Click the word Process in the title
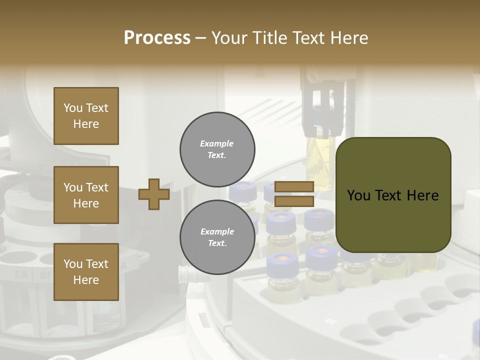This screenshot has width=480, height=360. (157, 38)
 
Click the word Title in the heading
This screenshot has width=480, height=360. (269, 38)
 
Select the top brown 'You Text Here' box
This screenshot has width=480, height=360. (86, 116)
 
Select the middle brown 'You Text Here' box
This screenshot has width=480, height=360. (86, 195)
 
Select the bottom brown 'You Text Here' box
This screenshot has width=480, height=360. (86, 272)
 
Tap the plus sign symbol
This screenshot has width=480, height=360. (154, 194)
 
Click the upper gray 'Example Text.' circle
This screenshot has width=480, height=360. (217, 149)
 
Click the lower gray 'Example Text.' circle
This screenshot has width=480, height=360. (217, 237)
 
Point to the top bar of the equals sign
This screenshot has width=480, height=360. (294, 187)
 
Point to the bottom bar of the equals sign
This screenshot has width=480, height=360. (294, 201)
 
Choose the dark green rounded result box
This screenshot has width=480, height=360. (393, 195)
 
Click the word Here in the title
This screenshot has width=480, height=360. (348, 38)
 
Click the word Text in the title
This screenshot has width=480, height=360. (308, 38)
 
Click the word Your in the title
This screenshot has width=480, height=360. (229, 38)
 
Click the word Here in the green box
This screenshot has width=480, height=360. (423, 195)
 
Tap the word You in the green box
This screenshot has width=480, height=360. (358, 195)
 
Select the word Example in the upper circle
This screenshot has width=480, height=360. (217, 143)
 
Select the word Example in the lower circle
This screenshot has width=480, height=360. (217, 231)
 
